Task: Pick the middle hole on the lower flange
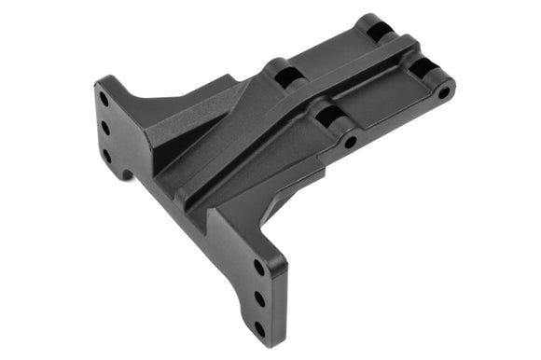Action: [x=260, y=298]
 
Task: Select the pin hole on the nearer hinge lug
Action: [x=351, y=143]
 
